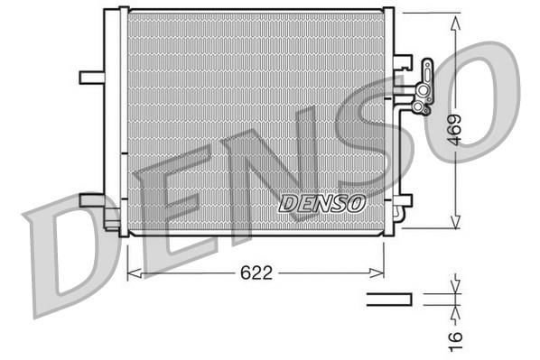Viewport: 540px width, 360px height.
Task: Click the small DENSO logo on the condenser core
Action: tap(322, 202)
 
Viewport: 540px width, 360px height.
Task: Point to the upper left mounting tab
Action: tap(91, 77)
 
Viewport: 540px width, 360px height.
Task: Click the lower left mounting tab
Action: tap(91, 199)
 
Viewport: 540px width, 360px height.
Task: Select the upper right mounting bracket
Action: tap(403, 65)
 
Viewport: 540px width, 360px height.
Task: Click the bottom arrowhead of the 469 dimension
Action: tap(454, 226)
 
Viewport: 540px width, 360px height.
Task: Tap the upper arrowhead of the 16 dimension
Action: tap(454, 288)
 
